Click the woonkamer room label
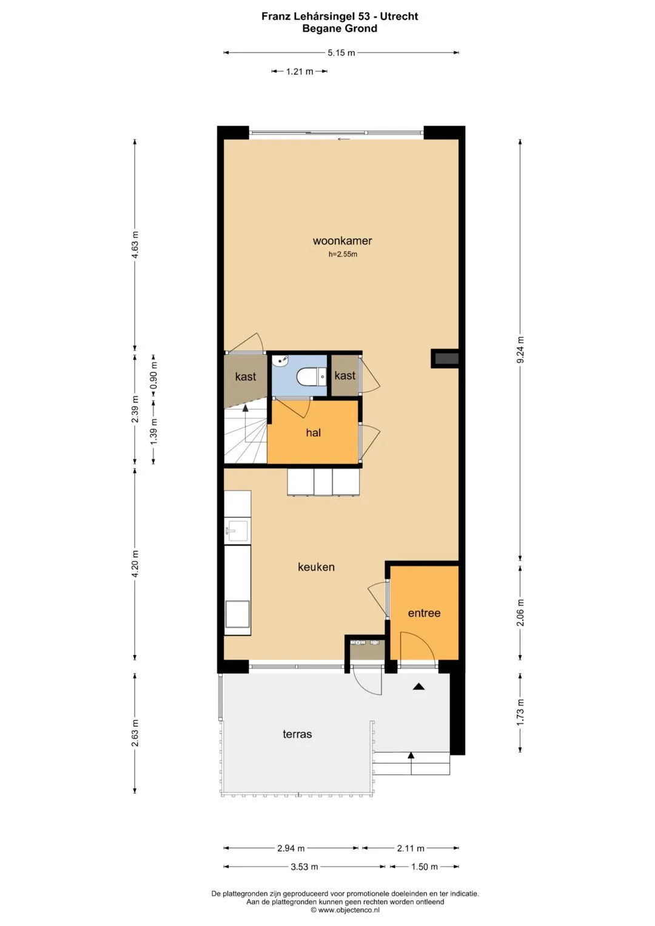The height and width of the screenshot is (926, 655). click(342, 241)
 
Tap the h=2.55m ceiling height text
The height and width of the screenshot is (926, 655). click(343, 254)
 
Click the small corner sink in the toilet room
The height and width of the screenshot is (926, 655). click(280, 360)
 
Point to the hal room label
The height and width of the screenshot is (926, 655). click(314, 432)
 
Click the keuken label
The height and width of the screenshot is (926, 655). click(316, 567)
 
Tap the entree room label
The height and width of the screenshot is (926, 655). click(424, 613)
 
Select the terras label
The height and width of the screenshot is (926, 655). click(297, 734)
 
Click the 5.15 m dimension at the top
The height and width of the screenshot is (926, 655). click(341, 53)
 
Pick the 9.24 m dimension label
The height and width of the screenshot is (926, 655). click(520, 349)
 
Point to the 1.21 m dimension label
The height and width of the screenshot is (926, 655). click(300, 72)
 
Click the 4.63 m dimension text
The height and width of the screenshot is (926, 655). click(135, 245)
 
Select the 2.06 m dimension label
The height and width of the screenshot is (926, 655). click(520, 612)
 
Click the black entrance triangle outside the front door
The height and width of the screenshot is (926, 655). click(419, 686)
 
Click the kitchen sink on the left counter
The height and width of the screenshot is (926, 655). click(237, 531)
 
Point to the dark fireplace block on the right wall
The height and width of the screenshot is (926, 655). click(445, 358)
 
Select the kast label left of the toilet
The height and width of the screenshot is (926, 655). click(245, 377)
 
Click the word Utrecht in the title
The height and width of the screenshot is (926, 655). click(398, 16)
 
